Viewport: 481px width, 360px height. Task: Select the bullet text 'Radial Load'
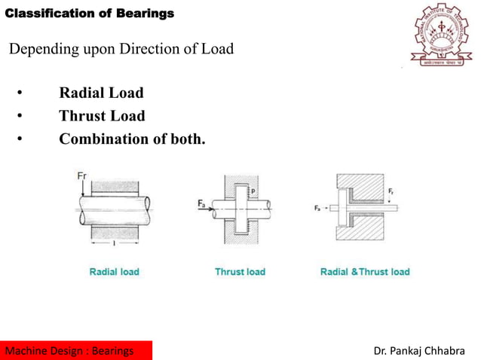tap(101, 93)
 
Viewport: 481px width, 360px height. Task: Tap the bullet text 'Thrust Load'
tap(102, 116)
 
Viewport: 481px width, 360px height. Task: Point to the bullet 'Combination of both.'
tap(132, 139)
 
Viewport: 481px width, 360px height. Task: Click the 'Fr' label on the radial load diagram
tap(82, 176)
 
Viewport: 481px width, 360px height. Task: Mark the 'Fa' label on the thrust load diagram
tap(202, 203)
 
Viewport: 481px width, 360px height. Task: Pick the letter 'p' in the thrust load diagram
tap(253, 192)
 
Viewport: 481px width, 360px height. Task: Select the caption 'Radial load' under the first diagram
tap(114, 271)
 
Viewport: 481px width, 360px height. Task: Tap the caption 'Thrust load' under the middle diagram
tap(240, 271)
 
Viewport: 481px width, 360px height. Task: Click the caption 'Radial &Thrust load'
tap(365, 271)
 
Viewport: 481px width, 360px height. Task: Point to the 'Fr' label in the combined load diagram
tap(391, 192)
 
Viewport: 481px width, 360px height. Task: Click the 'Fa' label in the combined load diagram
tap(317, 207)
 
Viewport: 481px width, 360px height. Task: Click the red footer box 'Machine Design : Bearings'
tap(76, 350)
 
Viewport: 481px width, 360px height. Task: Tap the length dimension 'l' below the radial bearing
tap(113, 244)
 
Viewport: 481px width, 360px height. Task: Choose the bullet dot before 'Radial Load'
tap(20, 94)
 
